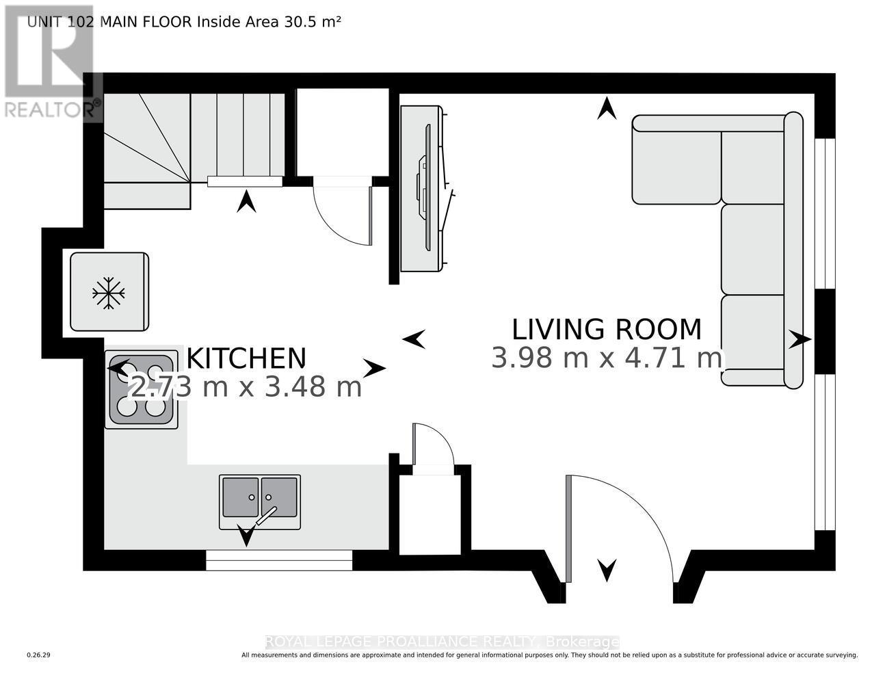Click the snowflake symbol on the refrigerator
[x=109, y=293]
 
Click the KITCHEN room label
[x=246, y=358]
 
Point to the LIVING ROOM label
[x=607, y=329]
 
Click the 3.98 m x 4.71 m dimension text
[x=607, y=358]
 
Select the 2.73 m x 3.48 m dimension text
[x=246, y=388]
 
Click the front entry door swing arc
[x=636, y=513]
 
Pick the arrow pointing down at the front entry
[x=607, y=569]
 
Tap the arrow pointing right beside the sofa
[x=799, y=339]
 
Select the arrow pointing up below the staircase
[x=246, y=201]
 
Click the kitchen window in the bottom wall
[x=279, y=560]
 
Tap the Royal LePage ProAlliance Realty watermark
[x=442, y=642]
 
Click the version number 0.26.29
[x=39, y=655]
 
